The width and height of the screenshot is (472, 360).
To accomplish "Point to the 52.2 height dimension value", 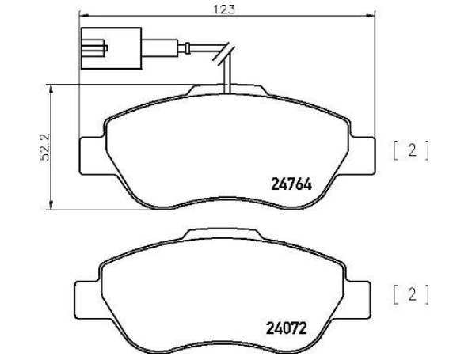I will click(x=45, y=147).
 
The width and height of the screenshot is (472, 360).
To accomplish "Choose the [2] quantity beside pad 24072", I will click(x=410, y=294).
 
